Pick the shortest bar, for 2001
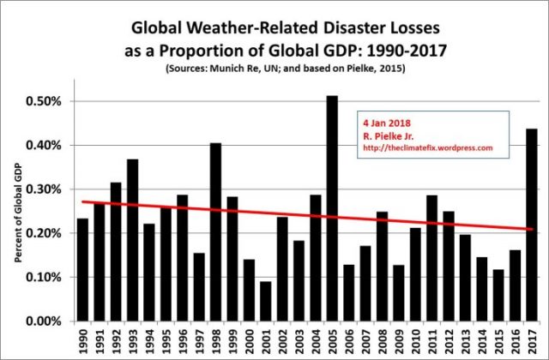click(265, 301)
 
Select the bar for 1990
click(82, 269)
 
